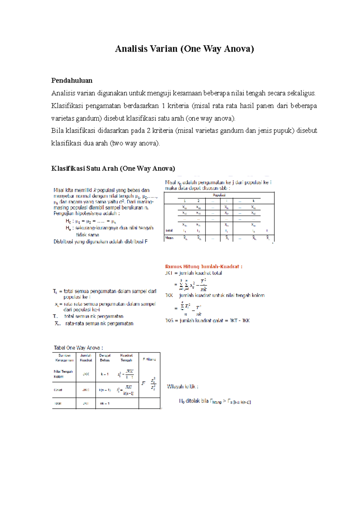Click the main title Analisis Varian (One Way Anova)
(184, 49)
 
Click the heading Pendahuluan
(72, 80)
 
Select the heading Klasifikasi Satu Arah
(113, 168)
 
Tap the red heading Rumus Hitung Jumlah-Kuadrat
(204, 266)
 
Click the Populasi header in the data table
(219, 195)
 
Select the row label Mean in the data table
(169, 238)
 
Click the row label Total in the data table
(169, 231)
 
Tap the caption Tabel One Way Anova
(78, 348)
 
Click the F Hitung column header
(149, 359)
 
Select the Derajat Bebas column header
(105, 358)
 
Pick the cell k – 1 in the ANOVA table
(105, 374)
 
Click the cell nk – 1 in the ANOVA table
(105, 403)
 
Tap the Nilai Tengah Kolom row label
(63, 374)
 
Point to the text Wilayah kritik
(182, 387)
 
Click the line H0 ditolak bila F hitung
(215, 401)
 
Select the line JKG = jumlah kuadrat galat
(207, 320)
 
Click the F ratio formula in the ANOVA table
(149, 383)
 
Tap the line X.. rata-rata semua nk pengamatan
(94, 323)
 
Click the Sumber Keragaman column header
(64, 358)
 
